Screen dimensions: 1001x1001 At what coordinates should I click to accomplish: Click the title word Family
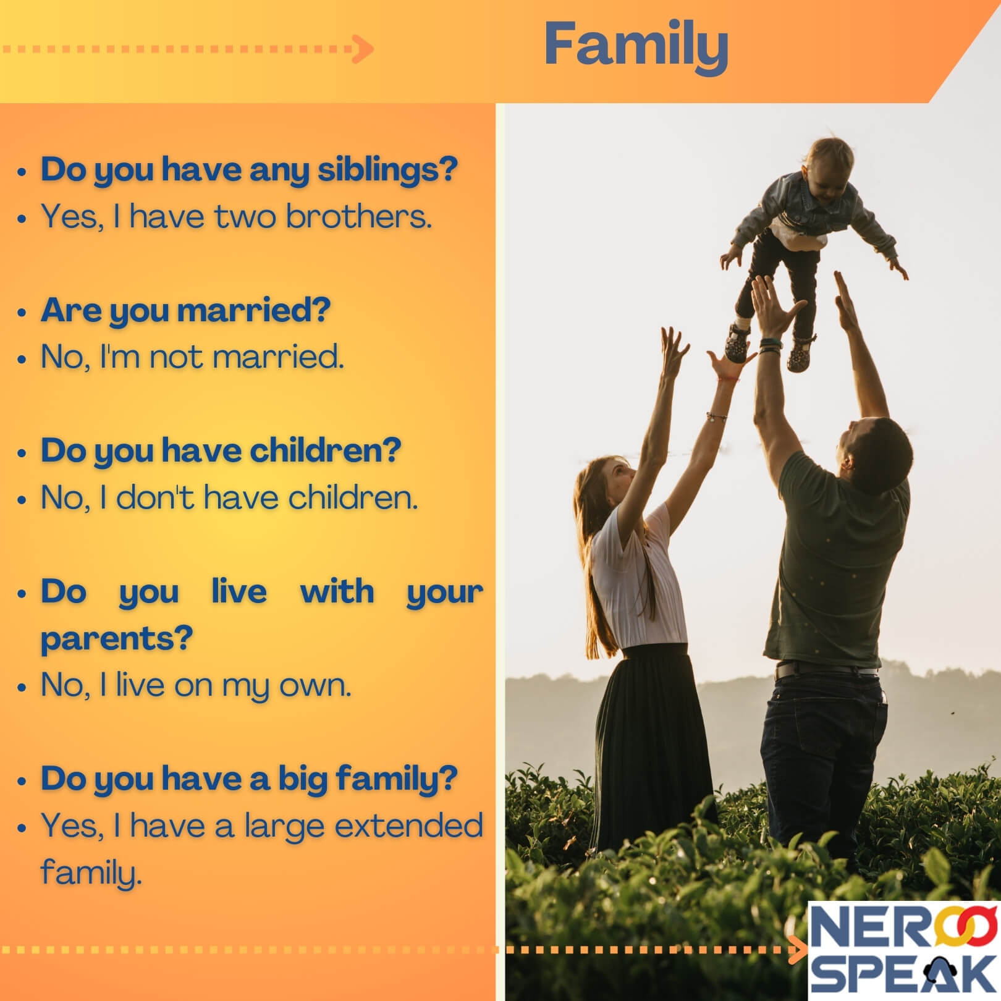636,44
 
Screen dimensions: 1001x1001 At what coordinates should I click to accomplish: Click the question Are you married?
185,310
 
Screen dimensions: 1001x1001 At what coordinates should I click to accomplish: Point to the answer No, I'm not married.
192,357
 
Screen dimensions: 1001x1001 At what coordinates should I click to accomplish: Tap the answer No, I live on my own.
196,685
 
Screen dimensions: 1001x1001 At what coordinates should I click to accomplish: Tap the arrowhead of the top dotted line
364,49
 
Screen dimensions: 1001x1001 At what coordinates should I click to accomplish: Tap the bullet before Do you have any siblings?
23,172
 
